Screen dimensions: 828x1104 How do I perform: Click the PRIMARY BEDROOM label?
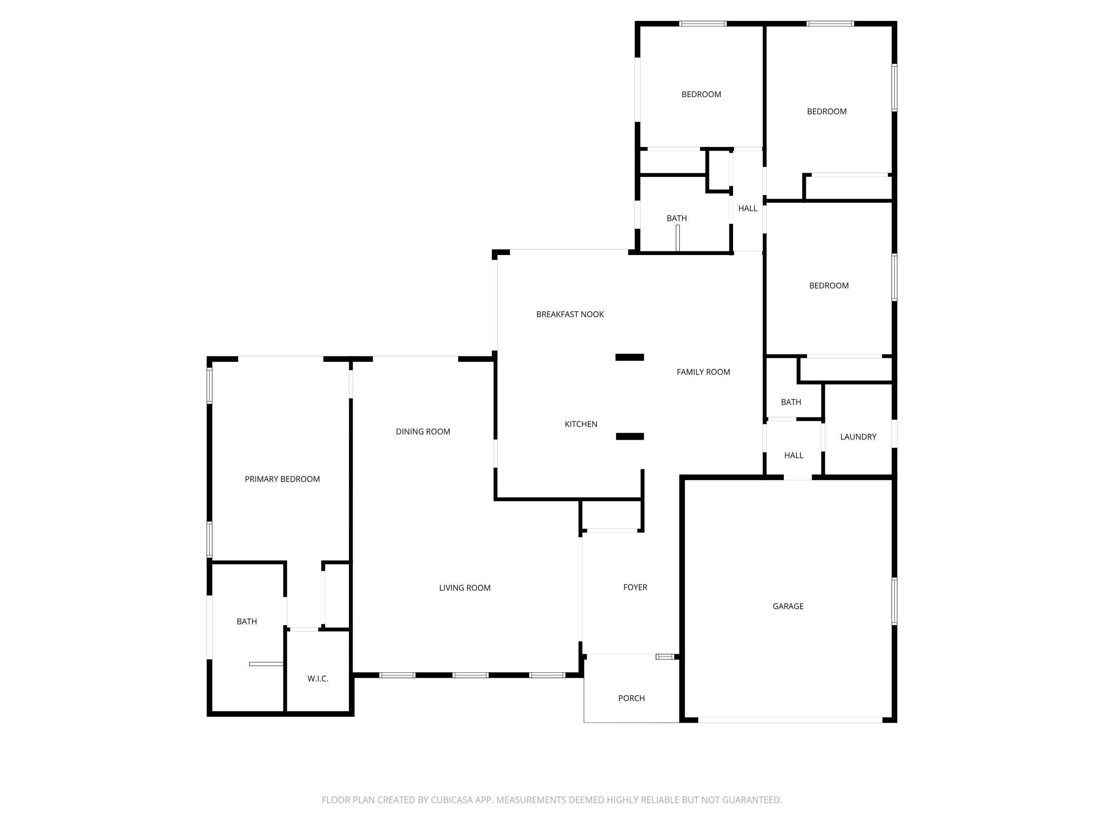click(x=282, y=479)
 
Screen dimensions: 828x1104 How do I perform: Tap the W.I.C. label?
click(x=318, y=679)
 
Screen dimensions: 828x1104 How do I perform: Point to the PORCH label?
click(x=631, y=698)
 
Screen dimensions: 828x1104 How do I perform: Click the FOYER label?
click(x=635, y=587)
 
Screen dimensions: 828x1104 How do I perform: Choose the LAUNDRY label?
click(x=858, y=437)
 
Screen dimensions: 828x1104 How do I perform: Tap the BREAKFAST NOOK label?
click(x=570, y=314)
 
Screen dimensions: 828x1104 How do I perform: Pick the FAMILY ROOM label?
click(x=703, y=372)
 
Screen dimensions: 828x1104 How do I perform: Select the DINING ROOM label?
click(x=423, y=432)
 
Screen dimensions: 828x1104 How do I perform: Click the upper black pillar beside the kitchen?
click(x=629, y=357)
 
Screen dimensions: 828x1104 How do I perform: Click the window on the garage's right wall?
click(x=894, y=601)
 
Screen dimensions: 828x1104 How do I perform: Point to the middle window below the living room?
click(x=470, y=675)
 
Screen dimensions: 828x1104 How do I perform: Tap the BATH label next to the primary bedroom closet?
click(x=247, y=622)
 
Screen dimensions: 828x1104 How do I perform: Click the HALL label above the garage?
click(x=793, y=455)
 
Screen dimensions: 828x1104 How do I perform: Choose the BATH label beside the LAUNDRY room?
click(x=790, y=402)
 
